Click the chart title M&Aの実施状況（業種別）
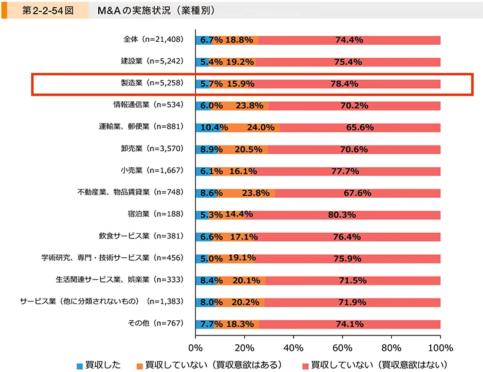point(155,11)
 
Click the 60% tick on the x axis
point(342,347)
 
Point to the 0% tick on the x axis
point(195,347)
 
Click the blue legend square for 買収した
point(80,365)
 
